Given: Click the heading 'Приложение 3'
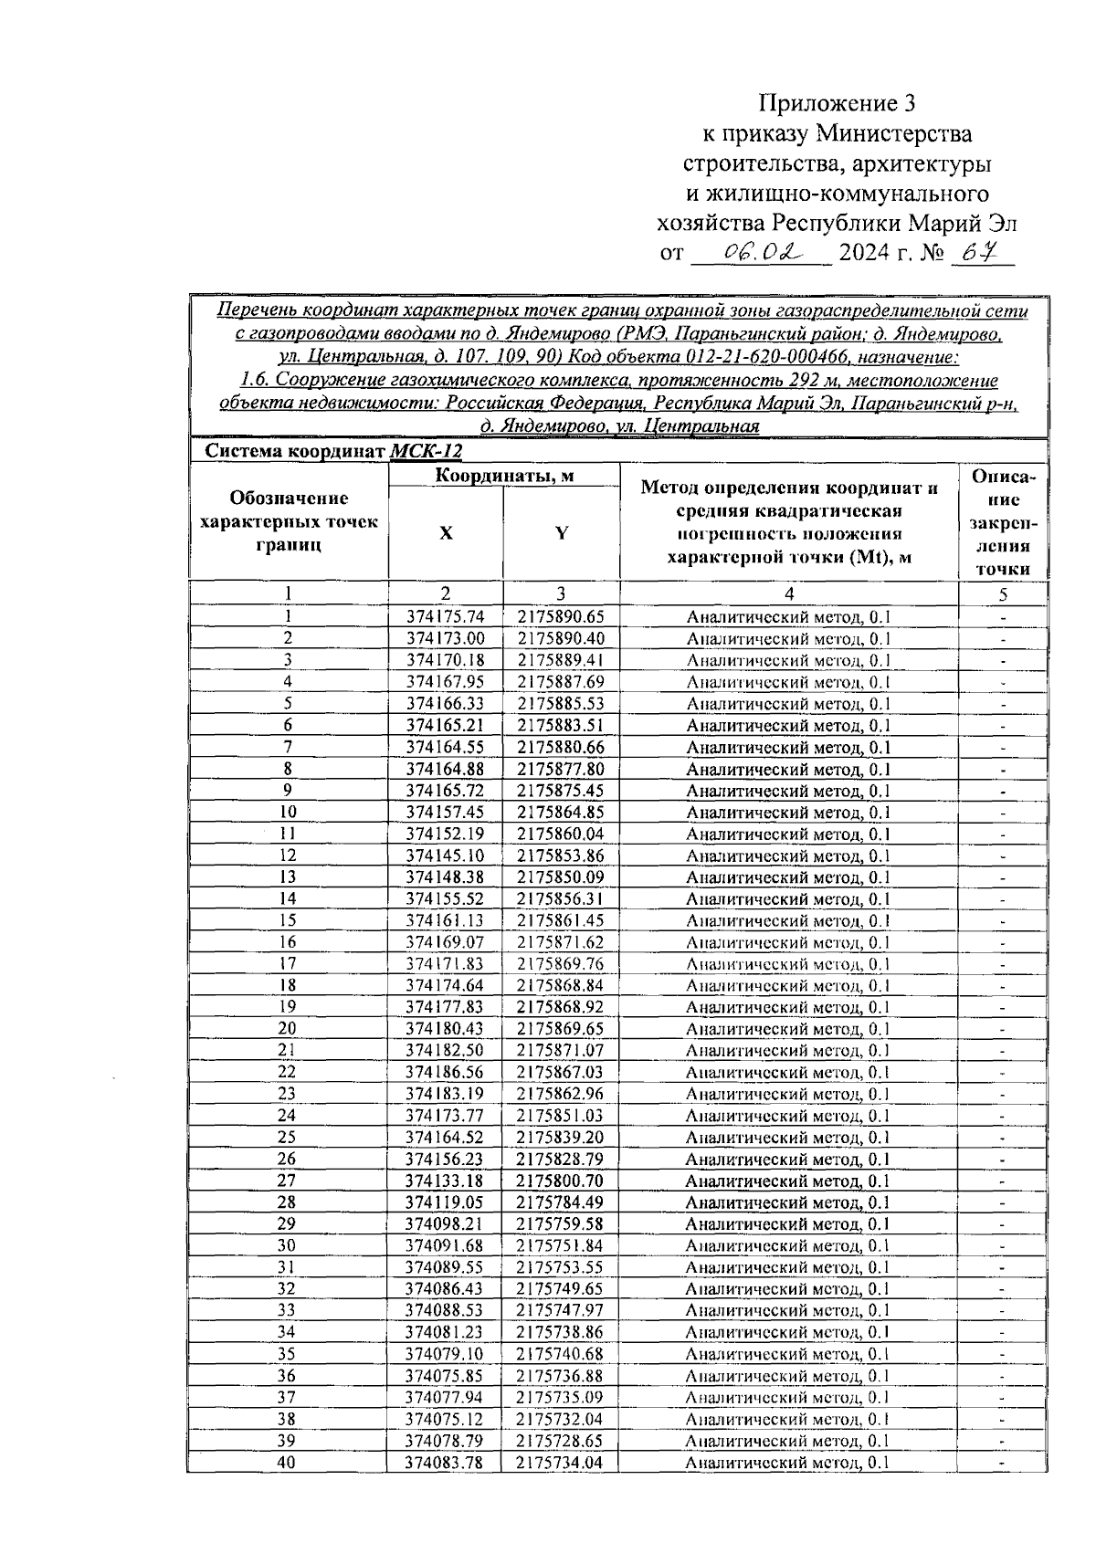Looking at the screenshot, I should pos(837,101).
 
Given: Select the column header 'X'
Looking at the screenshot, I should pos(446,534).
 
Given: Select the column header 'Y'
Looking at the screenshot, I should pos(562,534).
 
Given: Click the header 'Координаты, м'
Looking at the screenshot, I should pos(504,476).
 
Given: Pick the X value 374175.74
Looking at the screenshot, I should pos(446,616).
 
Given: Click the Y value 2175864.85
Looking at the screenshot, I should pos(561,812).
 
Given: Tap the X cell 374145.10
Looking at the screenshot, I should pos(446,855).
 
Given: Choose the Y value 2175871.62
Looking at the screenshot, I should pos(561,942).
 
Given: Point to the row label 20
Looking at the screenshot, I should pos(288,1029).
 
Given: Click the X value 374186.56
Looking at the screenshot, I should pos(446,1072).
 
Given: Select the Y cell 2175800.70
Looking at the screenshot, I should pos(561,1181).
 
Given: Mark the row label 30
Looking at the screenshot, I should pos(288,1245).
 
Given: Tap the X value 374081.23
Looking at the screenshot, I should pos(446,1332).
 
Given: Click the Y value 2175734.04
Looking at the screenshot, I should pos(561,1463).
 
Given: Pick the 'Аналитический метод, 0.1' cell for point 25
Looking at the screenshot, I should pos(787,1138).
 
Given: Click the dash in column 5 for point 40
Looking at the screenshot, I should pos(1002,1464).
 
